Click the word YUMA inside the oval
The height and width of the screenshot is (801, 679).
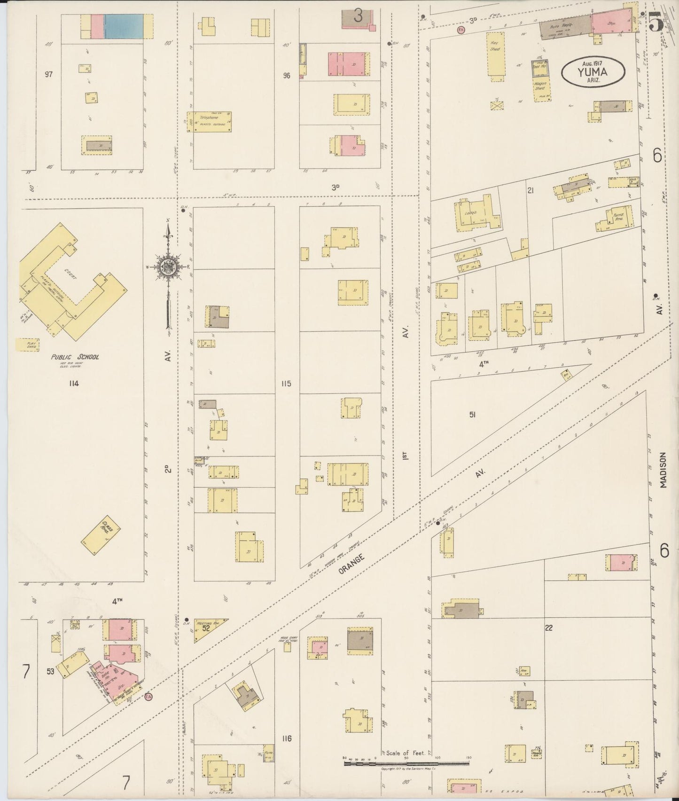pyautogui.click(x=593, y=72)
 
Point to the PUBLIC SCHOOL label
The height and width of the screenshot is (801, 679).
pyautogui.click(x=75, y=357)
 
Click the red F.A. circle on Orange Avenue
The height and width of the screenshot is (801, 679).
pyautogui.click(x=149, y=695)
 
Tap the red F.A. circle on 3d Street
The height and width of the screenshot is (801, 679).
pyautogui.click(x=460, y=30)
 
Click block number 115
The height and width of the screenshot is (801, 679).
pyautogui.click(x=286, y=384)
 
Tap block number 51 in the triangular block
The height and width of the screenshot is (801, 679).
pyautogui.click(x=473, y=414)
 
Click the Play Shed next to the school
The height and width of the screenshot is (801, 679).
pyautogui.click(x=27, y=345)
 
